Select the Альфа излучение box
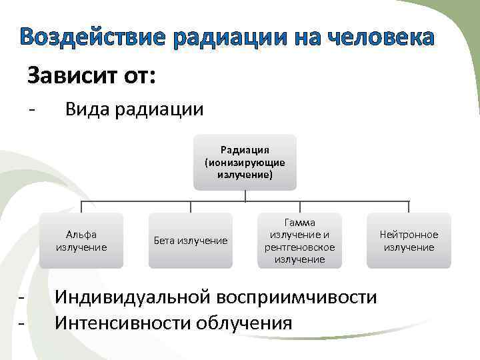tap(81, 241)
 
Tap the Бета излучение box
tap(191, 241)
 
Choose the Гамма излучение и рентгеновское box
tap(299, 241)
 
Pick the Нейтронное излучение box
tap(409, 241)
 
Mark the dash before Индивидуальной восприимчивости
tap(21, 296)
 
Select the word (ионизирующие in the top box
tap(245, 162)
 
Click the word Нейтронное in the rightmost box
tap(409, 235)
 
